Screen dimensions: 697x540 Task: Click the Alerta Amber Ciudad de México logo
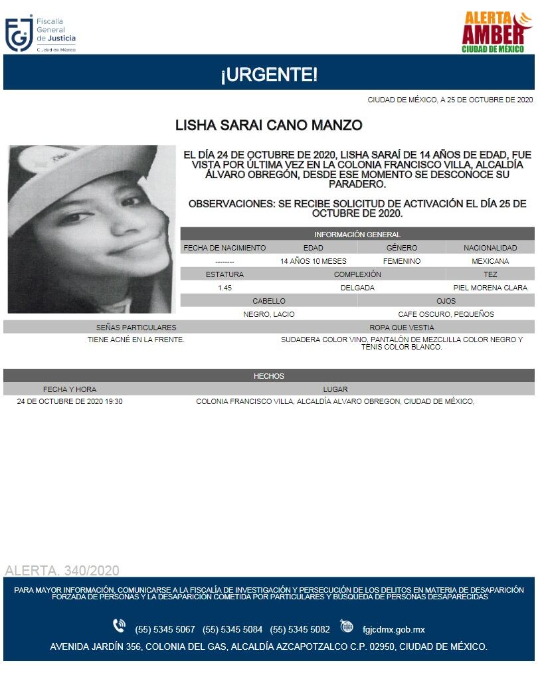(497, 32)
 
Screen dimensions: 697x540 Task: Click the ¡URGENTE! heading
(269, 75)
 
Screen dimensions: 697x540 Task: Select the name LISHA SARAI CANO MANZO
(268, 125)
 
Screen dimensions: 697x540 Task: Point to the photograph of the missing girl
(92, 229)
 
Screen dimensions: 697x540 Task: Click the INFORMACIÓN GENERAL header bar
(357, 235)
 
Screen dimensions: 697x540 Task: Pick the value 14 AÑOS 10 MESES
(313, 261)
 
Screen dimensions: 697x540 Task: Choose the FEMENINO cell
(401, 261)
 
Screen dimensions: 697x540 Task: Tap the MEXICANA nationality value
(490, 261)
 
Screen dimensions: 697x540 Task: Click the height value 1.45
(225, 288)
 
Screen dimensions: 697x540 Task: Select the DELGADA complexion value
(357, 288)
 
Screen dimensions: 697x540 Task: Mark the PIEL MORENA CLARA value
(490, 288)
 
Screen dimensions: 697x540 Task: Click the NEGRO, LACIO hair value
(269, 314)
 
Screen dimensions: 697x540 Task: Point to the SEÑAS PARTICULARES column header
(136, 328)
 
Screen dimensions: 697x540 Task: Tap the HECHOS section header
(269, 376)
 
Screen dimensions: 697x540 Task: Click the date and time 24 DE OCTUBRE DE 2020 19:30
(70, 402)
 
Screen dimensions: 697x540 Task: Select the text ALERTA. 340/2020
(62, 571)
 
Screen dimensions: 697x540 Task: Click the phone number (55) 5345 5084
(232, 629)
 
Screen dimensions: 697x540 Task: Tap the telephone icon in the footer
(120, 626)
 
